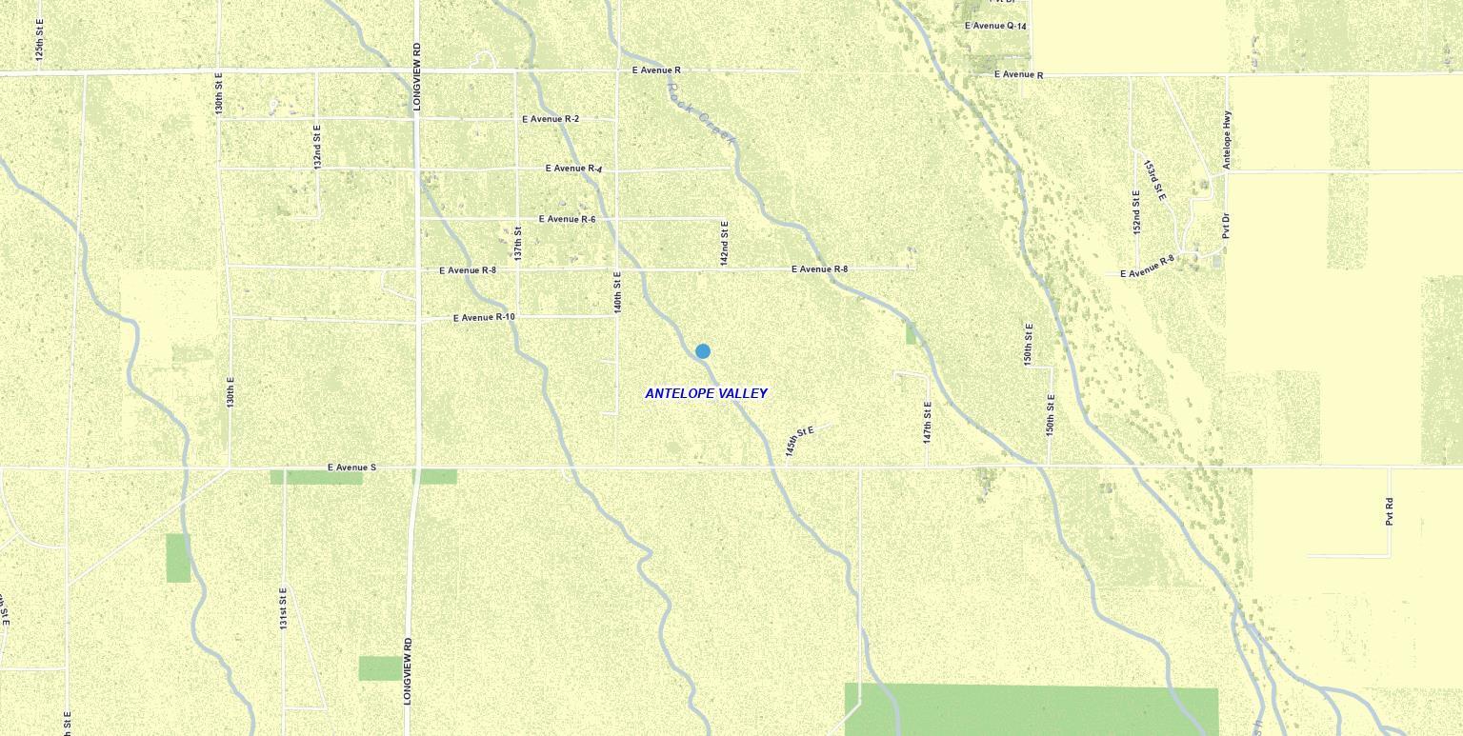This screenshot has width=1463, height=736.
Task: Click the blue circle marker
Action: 703,351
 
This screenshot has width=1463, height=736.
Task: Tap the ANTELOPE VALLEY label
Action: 706,393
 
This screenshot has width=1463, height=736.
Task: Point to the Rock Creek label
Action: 702,114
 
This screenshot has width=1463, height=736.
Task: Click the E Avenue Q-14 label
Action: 995,26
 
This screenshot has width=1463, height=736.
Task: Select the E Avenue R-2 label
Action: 551,119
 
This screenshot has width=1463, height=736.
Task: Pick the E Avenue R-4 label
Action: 573,169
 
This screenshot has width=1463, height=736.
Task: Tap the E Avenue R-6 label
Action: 567,219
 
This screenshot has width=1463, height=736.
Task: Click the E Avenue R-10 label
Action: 484,317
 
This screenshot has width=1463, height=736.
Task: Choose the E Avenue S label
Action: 351,467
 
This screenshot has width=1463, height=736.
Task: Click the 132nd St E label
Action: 318,146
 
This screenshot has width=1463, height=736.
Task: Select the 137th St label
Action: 518,243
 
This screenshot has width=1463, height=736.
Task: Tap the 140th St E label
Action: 617,292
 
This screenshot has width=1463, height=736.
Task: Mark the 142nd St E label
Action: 725,243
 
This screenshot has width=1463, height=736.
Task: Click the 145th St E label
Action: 799,441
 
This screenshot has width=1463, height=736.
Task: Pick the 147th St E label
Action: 928,422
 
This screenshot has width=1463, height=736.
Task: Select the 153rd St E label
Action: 1153,180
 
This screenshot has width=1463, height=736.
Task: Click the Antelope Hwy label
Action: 1227,140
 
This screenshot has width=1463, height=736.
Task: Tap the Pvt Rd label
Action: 1390,511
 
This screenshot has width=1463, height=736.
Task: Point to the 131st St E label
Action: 284,608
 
